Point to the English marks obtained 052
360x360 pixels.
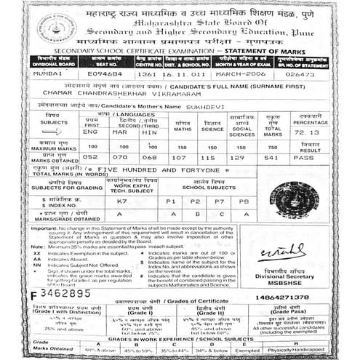point(90,156)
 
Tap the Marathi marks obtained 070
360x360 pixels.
point(120,156)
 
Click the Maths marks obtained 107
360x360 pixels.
point(180,156)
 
